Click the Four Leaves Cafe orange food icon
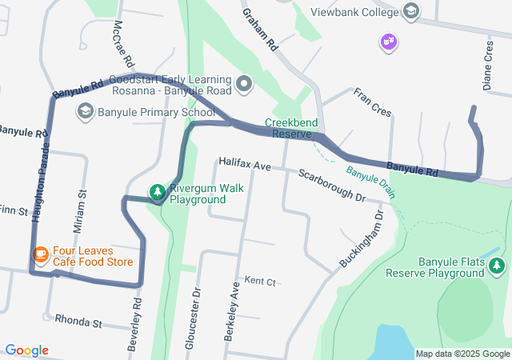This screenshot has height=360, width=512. click(39, 254)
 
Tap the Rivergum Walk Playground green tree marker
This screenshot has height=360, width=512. click(158, 191)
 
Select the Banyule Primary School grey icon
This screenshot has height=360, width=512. click(85, 112)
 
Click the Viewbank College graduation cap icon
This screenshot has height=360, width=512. click(410, 12)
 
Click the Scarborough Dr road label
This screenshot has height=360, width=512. click(332, 185)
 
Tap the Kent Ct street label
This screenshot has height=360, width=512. click(260, 282)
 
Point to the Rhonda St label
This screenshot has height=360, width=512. click(79, 322)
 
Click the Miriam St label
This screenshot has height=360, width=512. click(79, 212)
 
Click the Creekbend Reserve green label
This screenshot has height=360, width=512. click(292, 128)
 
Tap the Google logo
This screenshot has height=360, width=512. click(26, 350)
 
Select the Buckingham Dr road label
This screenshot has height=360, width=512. click(362, 238)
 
